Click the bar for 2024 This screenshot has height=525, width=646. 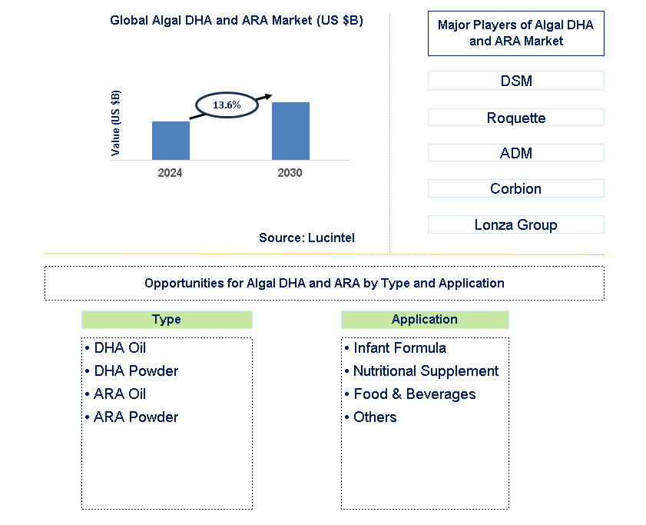[x=171, y=141]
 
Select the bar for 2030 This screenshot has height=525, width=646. [x=290, y=131]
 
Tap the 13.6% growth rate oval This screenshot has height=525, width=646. [x=227, y=105]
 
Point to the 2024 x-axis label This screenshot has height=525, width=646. [x=171, y=173]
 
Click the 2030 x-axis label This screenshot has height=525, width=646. [x=290, y=173]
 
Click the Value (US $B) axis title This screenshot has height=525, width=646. [x=116, y=123]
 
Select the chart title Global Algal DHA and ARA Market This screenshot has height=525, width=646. [x=237, y=21]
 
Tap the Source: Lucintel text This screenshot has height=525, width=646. [x=306, y=238]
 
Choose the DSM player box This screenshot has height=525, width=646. [x=515, y=81]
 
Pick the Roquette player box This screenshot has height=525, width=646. [x=515, y=118]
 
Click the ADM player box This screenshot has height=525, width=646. [x=515, y=153]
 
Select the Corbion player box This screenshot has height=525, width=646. [x=515, y=188]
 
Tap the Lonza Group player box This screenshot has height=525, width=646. [x=515, y=224]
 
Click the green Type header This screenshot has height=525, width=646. [x=167, y=320]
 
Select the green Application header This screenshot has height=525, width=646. [x=425, y=320]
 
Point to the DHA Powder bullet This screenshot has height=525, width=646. [x=132, y=371]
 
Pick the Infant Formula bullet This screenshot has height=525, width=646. [x=396, y=348]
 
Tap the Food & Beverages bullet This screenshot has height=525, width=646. [x=410, y=394]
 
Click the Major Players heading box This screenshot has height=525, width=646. [x=515, y=33]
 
